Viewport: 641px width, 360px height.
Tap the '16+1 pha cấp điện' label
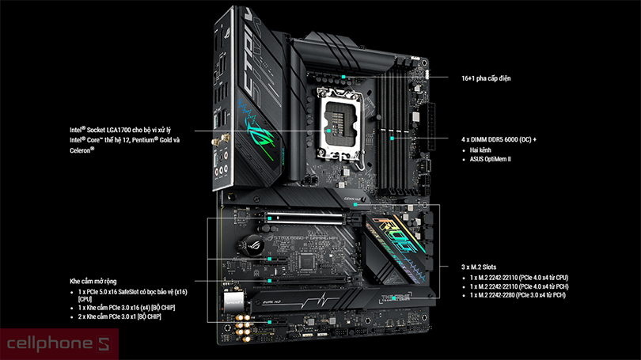(486, 78)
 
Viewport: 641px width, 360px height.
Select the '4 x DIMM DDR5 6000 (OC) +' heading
(499, 139)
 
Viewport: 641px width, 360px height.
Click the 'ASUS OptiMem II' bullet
(490, 159)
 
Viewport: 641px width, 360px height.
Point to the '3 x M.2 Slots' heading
(479, 267)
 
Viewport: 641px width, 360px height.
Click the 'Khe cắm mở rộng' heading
(93, 281)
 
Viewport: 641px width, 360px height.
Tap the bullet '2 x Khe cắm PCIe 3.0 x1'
(119, 316)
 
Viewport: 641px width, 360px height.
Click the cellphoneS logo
(59, 344)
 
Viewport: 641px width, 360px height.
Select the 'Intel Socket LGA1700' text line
(120, 130)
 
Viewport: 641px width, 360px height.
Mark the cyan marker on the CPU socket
(328, 131)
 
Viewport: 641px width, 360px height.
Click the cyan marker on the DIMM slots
(392, 138)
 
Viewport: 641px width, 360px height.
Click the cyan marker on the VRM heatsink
(343, 77)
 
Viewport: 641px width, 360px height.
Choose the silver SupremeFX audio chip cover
(233, 301)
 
